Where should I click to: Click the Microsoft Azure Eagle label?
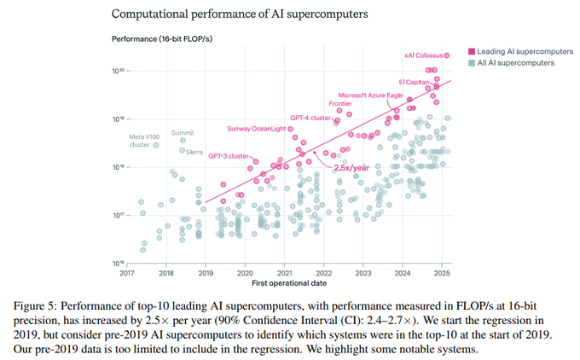point(370,95)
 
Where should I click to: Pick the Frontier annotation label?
point(340,104)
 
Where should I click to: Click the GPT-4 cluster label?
point(310,117)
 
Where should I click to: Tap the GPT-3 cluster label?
point(229,156)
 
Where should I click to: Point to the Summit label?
point(183,133)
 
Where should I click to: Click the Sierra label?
point(194,152)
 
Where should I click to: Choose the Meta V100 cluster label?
point(144,141)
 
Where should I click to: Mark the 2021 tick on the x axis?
point(285,273)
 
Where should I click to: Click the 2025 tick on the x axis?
point(442,273)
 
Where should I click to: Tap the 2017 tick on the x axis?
point(127,273)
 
